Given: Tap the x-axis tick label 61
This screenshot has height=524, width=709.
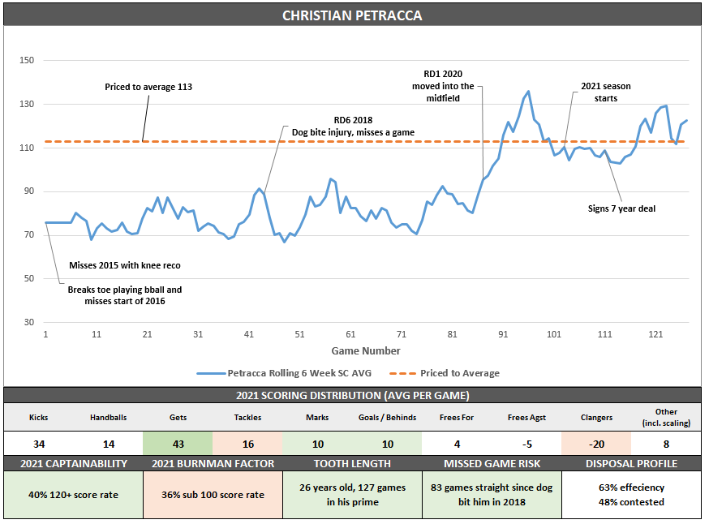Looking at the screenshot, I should coord(350,335).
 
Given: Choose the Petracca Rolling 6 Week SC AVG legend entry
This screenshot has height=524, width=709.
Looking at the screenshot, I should coord(285,373).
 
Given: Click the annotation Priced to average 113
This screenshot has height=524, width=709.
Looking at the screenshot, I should coord(148,86).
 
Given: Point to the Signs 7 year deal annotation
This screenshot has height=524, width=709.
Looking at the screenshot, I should coord(621,208).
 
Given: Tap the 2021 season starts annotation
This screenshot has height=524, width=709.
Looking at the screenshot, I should coord(605,92).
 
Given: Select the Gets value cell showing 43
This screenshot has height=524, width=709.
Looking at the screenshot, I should coord(178,444).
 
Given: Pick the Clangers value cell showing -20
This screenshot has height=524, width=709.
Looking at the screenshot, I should coord(597,444).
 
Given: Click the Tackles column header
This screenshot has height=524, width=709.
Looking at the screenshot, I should coord(247,417).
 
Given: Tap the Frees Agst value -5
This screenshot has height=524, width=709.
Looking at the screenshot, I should coord(526,444).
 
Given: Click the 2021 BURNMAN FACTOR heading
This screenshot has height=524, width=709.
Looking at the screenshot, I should coord(213,464).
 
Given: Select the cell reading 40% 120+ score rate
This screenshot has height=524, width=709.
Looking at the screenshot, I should coord(73,495).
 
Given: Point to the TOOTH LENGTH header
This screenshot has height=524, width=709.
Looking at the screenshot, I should coord(352,464).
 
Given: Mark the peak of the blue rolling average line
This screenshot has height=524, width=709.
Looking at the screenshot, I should coord(528,91).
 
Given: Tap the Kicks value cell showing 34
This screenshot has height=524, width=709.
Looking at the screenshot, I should coord(38,444).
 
